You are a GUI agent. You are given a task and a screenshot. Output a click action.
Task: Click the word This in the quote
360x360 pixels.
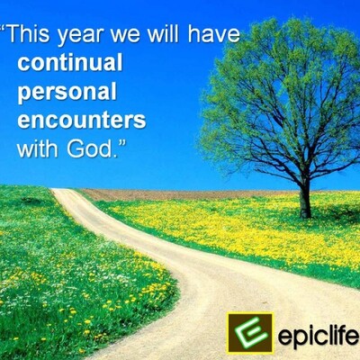[29, 33]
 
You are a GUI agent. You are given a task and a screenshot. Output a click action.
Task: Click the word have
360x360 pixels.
[214, 33]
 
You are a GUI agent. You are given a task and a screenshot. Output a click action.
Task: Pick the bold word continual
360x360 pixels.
[70, 62]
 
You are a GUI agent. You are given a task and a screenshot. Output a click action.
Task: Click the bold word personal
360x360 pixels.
[67, 92]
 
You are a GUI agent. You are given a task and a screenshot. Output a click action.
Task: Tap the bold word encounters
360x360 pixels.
[82, 120]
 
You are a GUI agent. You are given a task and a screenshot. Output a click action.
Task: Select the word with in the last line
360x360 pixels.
[38, 148]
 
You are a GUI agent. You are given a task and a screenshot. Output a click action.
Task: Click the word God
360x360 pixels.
[89, 148]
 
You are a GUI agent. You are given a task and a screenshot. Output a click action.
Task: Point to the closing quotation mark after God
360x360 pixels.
[121, 143]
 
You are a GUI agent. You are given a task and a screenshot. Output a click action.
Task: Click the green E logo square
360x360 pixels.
[250, 333]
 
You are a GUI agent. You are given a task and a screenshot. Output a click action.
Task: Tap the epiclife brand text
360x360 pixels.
[319, 335]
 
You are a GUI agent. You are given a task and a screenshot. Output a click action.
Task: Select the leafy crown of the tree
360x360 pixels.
[281, 99]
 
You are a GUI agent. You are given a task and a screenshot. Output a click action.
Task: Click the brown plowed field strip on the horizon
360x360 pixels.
[180, 194]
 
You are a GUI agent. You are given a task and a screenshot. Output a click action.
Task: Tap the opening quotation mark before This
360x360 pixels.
[3, 28]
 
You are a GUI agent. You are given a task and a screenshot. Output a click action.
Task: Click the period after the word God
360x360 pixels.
[114, 156]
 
